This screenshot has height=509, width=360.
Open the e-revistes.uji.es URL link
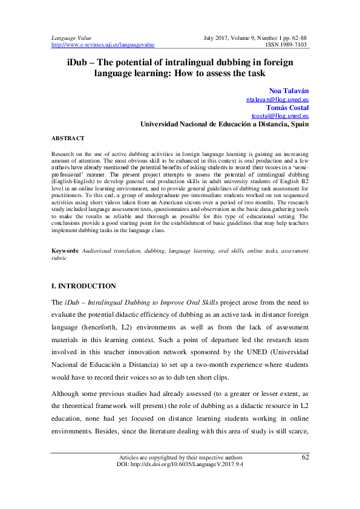(x=103, y=45)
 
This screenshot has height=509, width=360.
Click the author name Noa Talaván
(x=289, y=89)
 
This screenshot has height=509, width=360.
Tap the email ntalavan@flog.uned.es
(x=277, y=99)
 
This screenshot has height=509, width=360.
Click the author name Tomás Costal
(x=287, y=107)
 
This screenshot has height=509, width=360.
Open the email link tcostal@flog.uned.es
(x=280, y=115)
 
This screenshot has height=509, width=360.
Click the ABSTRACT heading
(x=68, y=138)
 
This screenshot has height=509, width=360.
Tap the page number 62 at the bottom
(x=305, y=473)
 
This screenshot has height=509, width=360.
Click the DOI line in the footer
(x=180, y=481)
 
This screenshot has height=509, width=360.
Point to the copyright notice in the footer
(x=180, y=475)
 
